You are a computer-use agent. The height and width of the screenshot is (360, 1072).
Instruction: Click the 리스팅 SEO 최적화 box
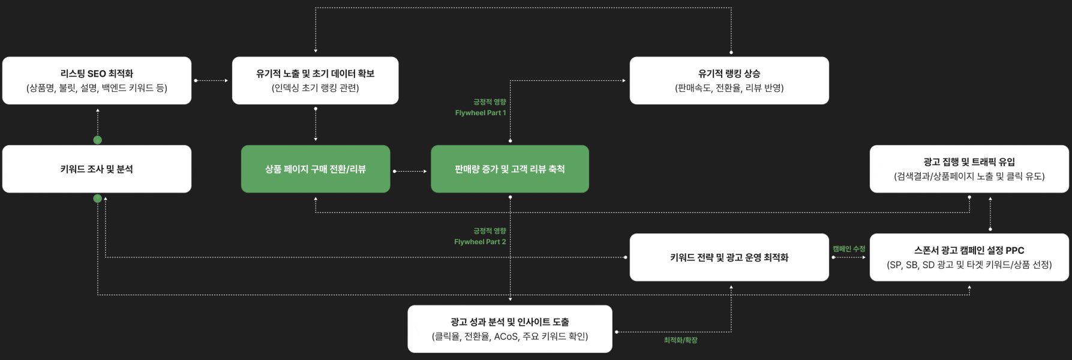(x=97, y=80)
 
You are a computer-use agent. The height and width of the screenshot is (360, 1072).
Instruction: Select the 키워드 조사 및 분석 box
(x=97, y=169)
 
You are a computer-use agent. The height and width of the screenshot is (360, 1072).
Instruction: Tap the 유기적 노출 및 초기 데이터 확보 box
(x=315, y=80)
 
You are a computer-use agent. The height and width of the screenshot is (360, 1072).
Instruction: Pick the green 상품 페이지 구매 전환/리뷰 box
(x=316, y=169)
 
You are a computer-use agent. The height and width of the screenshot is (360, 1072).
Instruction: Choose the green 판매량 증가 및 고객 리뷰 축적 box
(x=509, y=169)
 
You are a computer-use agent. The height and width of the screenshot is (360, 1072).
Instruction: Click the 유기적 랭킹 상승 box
(x=729, y=80)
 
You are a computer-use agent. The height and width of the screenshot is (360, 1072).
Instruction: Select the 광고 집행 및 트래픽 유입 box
(x=969, y=169)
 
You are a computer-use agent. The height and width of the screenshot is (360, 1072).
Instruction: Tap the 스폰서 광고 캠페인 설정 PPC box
(x=969, y=257)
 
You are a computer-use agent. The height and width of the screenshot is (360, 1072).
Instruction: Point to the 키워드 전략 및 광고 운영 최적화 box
(x=729, y=257)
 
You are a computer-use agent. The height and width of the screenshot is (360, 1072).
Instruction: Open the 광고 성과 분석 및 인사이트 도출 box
(x=509, y=329)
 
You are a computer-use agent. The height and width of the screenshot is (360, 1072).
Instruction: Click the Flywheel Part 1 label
(x=480, y=113)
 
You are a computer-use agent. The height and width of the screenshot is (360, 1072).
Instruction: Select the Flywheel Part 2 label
(x=480, y=242)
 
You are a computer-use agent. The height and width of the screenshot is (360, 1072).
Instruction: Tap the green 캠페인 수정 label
(x=849, y=248)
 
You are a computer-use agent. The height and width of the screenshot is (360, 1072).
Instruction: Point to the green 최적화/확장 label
(x=680, y=340)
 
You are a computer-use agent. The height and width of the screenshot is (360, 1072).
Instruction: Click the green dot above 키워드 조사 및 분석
(x=98, y=140)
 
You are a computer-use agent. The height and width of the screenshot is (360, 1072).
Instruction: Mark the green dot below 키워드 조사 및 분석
(x=98, y=198)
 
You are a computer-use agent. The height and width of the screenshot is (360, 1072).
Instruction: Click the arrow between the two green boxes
(x=410, y=171)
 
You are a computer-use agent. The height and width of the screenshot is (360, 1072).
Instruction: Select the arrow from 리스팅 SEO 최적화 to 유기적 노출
(x=212, y=80)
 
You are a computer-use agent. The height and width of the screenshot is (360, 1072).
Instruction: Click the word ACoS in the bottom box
(x=506, y=337)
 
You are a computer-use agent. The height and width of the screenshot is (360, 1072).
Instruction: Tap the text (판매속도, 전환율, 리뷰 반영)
(x=729, y=88)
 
